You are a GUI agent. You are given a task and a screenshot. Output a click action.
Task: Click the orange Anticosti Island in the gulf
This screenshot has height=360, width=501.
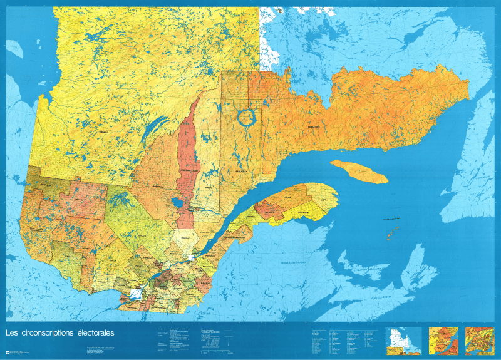(359, 171)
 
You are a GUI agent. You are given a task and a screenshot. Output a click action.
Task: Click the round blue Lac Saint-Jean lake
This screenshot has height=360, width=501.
(177, 203)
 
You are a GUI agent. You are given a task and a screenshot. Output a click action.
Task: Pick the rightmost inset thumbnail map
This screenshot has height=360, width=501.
(479, 339)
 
